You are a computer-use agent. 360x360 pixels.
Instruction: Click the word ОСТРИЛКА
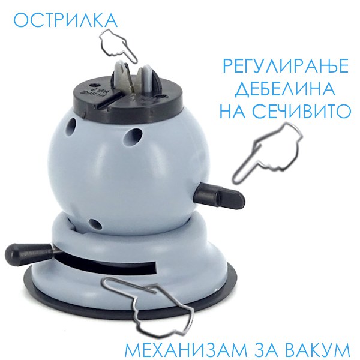point(65,20)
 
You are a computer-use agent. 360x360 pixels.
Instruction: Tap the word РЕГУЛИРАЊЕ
point(286,66)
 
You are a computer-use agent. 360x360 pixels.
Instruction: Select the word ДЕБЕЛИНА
point(286,89)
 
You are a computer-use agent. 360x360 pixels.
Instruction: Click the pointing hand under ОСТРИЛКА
point(118,46)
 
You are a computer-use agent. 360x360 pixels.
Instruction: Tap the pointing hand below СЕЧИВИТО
point(268,152)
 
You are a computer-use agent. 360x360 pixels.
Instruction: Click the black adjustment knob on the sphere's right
point(219,196)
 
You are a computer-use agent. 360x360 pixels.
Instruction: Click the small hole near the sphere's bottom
point(95,224)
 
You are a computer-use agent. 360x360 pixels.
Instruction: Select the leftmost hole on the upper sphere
point(71,127)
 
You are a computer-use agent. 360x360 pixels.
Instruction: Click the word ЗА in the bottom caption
point(267,350)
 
